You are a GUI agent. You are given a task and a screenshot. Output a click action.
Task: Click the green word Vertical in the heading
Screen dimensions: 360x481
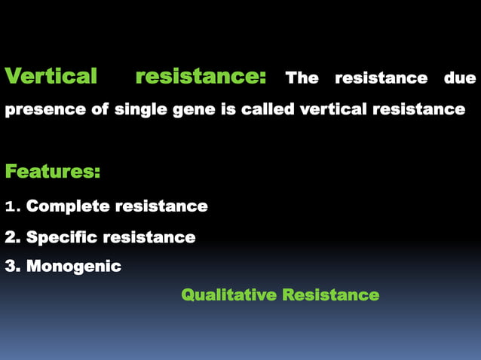[x=51, y=77]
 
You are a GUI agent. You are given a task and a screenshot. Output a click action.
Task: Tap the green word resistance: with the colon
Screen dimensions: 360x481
[x=200, y=77]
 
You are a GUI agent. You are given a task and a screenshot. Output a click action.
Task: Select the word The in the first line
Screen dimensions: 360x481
[x=302, y=78]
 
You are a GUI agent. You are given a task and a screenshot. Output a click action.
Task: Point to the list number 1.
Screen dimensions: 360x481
[x=10, y=206]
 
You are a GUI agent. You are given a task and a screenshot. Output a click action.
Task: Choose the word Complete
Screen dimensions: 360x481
[x=66, y=206]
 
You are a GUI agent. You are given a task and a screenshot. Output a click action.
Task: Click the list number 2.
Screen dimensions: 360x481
[x=11, y=238]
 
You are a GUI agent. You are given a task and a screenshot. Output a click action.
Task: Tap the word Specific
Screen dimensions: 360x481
[x=62, y=238]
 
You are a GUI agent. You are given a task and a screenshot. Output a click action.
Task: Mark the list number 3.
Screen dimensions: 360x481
[x=11, y=267]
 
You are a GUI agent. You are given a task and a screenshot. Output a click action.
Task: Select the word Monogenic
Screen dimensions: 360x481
[x=74, y=267]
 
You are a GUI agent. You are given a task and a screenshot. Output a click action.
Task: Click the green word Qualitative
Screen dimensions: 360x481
[x=228, y=295]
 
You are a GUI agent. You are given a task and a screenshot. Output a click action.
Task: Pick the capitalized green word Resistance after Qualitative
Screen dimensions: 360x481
[x=330, y=295]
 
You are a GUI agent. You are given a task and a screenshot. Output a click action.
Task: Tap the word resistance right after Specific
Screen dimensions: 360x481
[x=149, y=238]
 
